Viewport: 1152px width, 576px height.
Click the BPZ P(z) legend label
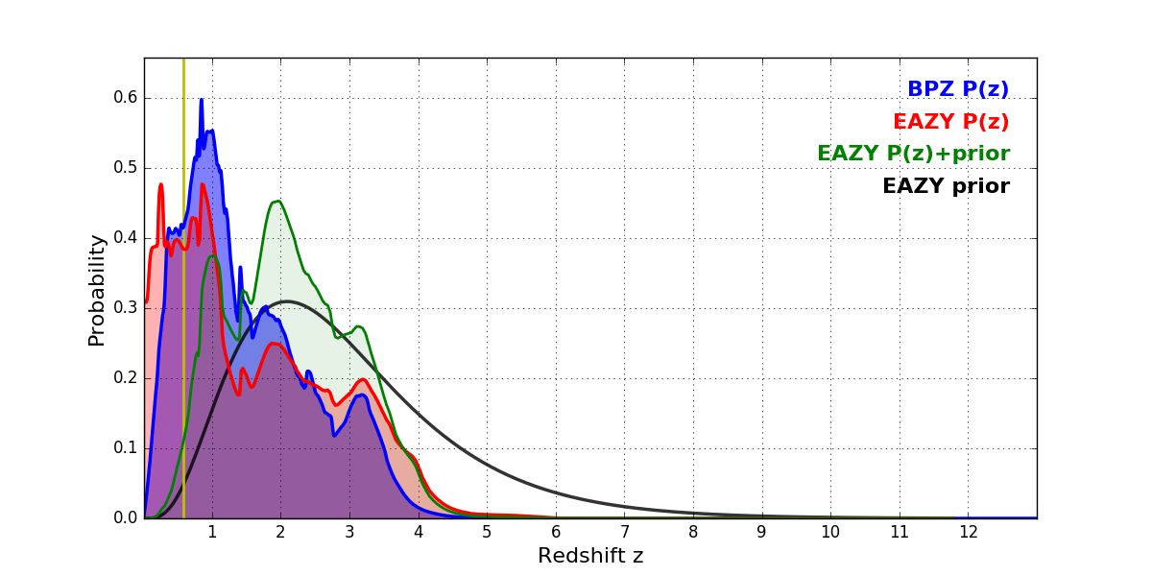click(x=957, y=89)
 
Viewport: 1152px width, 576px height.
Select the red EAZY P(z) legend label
click(x=950, y=122)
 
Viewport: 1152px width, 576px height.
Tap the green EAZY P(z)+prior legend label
click(x=913, y=154)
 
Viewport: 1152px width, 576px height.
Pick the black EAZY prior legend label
click(x=946, y=186)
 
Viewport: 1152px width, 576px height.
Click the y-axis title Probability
click(x=97, y=289)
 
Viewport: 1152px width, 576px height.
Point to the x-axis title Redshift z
click(x=590, y=556)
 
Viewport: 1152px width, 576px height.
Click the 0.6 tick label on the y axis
click(x=127, y=98)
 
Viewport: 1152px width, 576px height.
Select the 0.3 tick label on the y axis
click(x=127, y=308)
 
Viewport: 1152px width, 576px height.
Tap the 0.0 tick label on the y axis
click(x=127, y=518)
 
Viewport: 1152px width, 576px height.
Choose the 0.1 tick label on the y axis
click(x=127, y=448)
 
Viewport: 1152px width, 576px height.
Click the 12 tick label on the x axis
click(x=968, y=531)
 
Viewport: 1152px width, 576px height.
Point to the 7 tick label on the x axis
click(x=624, y=531)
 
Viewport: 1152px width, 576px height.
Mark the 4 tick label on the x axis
click(x=419, y=531)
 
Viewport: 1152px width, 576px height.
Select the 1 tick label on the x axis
click(x=212, y=531)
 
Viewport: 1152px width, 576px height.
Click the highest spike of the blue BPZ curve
click(x=202, y=100)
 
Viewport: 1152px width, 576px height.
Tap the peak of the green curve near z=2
click(x=277, y=202)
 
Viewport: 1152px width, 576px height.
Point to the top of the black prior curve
click(x=286, y=301)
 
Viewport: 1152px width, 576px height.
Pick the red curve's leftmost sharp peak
click(x=160, y=184)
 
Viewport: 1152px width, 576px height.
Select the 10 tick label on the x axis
click(x=830, y=531)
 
